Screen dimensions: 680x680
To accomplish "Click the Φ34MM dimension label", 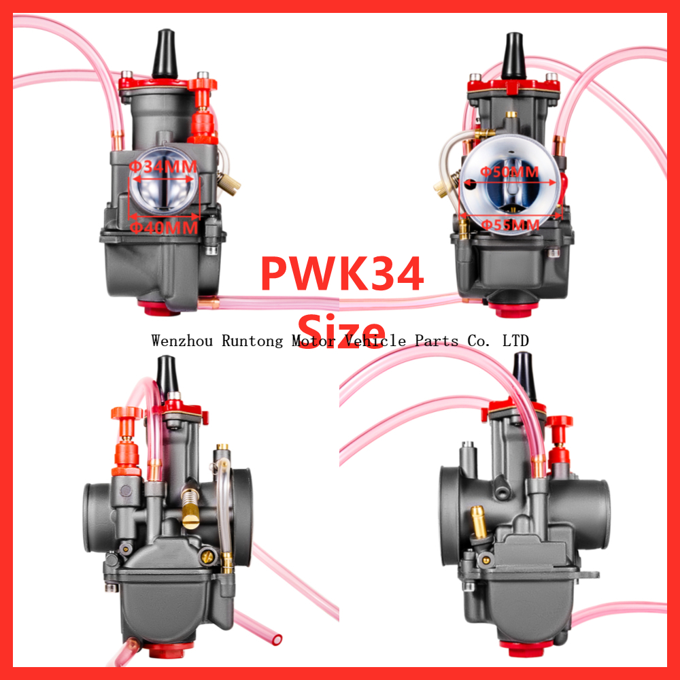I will coord(163,166).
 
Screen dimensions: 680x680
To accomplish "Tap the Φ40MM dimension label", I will coord(164,227).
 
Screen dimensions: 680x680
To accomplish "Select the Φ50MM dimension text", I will coord(509,171).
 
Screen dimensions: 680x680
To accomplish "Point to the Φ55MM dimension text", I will coord(509,224).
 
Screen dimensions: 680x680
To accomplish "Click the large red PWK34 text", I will coord(342,273).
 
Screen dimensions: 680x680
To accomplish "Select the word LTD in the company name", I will coord(515,341).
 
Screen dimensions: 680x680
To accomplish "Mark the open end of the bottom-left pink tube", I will coord(275,639).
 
